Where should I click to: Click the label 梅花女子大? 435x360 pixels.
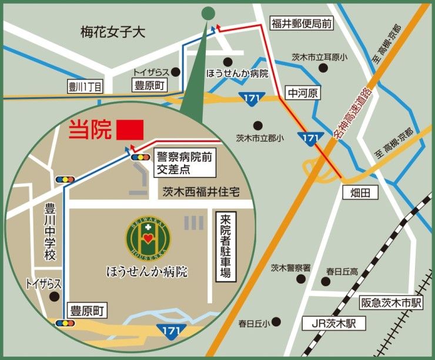pyautogui.click(x=113, y=33)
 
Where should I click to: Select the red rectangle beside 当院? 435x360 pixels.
pyautogui.click(x=130, y=130)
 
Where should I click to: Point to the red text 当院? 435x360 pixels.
pyautogui.click(x=90, y=130)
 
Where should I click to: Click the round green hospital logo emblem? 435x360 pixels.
pyautogui.click(x=148, y=237)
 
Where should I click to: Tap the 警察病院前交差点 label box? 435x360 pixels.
pyautogui.click(x=183, y=163)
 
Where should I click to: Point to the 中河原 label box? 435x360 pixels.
pyautogui.click(x=301, y=93)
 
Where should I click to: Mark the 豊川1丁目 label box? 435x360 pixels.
pyautogui.click(x=85, y=88)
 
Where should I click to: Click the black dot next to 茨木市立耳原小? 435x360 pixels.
pyautogui.click(x=323, y=68)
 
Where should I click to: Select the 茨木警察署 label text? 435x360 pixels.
pyautogui.click(x=290, y=268)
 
